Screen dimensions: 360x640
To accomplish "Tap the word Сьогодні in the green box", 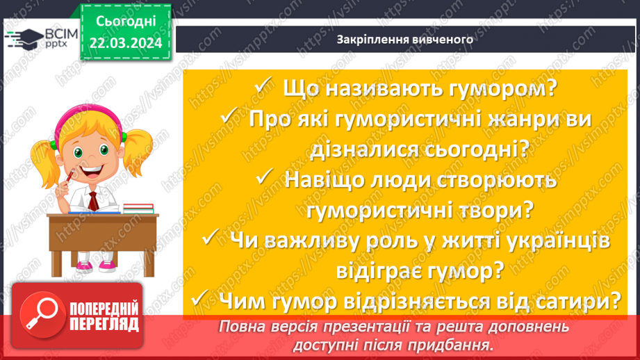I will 125,23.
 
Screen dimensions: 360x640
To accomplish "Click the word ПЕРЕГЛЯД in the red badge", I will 104,324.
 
